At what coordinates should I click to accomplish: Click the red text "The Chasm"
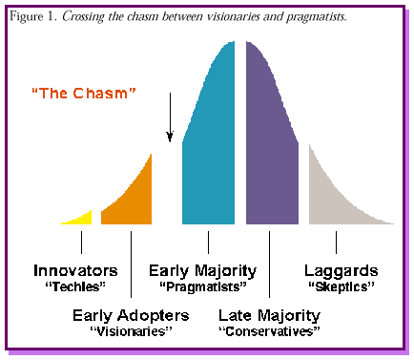click(84, 94)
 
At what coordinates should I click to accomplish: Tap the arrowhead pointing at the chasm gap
click(170, 137)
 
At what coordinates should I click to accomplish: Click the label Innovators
click(75, 270)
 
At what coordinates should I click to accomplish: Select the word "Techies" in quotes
click(75, 286)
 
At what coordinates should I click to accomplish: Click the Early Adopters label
click(131, 316)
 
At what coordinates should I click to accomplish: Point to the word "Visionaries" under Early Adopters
click(131, 331)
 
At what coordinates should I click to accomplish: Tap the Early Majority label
click(203, 271)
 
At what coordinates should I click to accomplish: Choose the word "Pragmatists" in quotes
click(203, 287)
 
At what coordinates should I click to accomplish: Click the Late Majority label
click(270, 316)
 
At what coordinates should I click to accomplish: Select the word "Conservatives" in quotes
click(269, 331)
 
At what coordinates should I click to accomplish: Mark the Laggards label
click(342, 271)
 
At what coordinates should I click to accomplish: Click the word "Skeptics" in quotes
click(342, 287)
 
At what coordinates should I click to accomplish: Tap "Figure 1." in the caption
click(33, 16)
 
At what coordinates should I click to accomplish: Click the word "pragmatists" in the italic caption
click(317, 17)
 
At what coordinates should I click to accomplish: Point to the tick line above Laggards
click(336, 243)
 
